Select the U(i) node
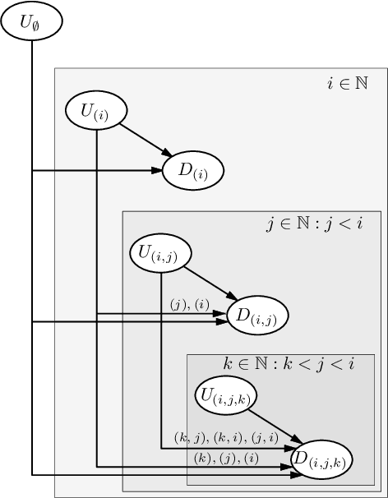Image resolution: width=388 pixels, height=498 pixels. coord(97,111)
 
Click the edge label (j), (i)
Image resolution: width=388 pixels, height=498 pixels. coord(190,305)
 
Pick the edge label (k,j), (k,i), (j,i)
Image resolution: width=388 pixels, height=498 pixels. coord(225,437)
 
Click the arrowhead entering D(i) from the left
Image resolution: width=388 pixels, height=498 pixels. coord(156,171)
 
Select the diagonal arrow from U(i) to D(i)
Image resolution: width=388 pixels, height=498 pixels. coord(145,138)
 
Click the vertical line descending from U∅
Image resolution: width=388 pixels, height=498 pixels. coord(31,247)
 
